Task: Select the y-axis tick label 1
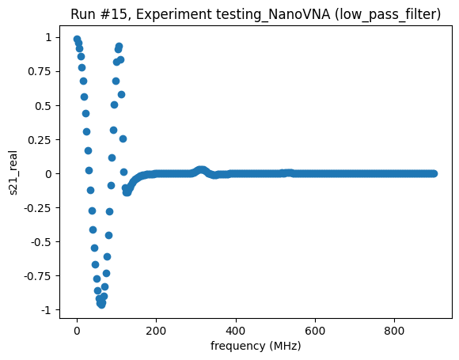coord(48,37)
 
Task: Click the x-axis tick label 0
coord(77,332)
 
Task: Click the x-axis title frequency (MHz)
coord(256,347)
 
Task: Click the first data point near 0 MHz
coord(77,40)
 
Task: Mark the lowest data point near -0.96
coord(101,304)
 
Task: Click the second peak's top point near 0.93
coord(119,47)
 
